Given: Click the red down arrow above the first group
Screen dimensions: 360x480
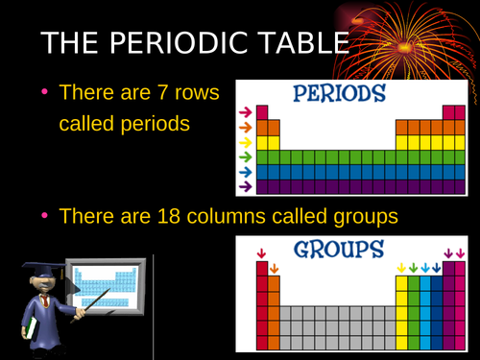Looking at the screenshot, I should click(261, 253).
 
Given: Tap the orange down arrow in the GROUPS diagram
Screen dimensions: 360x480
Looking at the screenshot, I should click(274, 268).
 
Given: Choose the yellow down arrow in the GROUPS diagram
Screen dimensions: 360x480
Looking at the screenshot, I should click(401, 268).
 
